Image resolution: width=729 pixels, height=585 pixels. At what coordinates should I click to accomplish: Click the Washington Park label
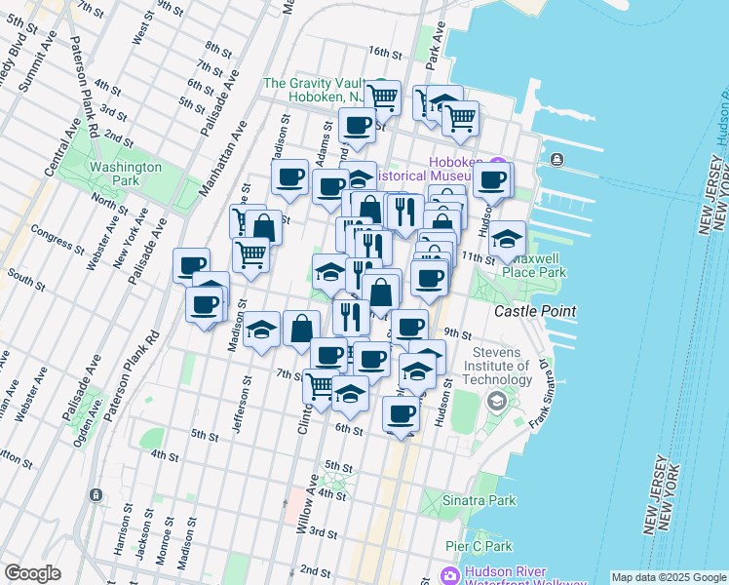125,174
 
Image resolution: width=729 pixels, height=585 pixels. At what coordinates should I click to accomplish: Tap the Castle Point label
534,311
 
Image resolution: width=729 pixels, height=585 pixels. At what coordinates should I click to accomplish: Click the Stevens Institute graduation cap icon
496,400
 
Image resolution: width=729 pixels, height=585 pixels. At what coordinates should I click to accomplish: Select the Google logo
32,573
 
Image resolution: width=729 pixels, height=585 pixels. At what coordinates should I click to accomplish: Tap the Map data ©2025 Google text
668,577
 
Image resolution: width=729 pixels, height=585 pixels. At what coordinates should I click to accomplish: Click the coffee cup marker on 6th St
401,413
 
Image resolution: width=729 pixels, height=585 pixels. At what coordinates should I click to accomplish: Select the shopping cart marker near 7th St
320,385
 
